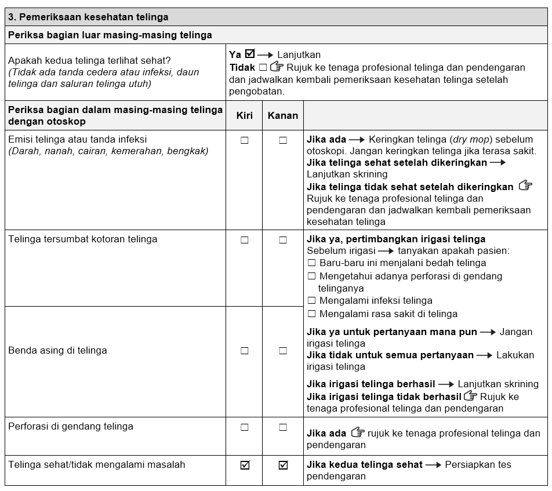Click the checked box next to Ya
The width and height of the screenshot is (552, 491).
click(x=250, y=54)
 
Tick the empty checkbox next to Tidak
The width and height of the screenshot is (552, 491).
click(x=263, y=67)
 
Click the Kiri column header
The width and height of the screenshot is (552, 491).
click(x=244, y=115)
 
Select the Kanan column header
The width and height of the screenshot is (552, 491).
click(x=282, y=115)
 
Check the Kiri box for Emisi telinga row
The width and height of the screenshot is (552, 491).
click(x=244, y=140)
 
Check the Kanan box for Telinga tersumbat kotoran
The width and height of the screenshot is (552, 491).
click(x=283, y=240)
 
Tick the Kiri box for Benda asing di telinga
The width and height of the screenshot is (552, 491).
click(x=244, y=351)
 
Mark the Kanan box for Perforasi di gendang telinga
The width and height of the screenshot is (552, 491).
click(x=283, y=427)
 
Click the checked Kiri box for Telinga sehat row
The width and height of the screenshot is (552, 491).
click(x=244, y=465)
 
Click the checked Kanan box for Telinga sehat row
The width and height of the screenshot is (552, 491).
click(x=283, y=465)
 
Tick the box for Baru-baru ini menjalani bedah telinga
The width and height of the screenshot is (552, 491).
click(x=311, y=263)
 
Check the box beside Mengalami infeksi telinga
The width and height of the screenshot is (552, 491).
click(x=311, y=301)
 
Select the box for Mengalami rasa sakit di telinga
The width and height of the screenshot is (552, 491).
click(x=311, y=314)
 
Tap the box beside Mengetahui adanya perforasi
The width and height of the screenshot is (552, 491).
click(x=311, y=277)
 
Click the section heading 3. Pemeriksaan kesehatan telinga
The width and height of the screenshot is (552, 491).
click(x=88, y=17)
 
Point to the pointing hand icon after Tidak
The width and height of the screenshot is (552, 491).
click(x=277, y=67)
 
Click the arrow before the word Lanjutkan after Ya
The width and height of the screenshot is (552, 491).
click(x=266, y=55)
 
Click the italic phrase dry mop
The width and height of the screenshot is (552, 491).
click(x=470, y=140)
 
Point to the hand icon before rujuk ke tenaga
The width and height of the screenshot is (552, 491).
click(x=358, y=432)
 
